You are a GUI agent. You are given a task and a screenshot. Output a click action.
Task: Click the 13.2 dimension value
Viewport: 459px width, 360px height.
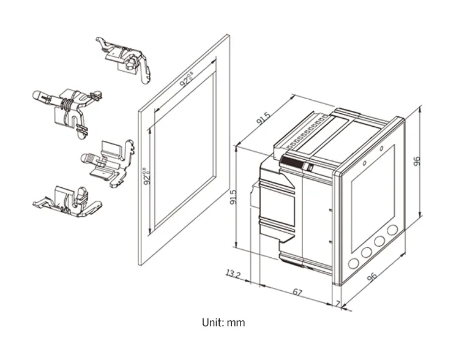pyautogui.click(x=233, y=273)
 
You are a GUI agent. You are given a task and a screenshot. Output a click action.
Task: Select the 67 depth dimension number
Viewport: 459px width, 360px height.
pyautogui.click(x=297, y=292)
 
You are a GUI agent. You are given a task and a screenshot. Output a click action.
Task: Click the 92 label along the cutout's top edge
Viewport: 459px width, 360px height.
pyautogui.click(x=186, y=80)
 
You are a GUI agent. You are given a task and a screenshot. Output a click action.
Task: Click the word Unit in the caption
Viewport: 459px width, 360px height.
pyautogui.click(x=212, y=322)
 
